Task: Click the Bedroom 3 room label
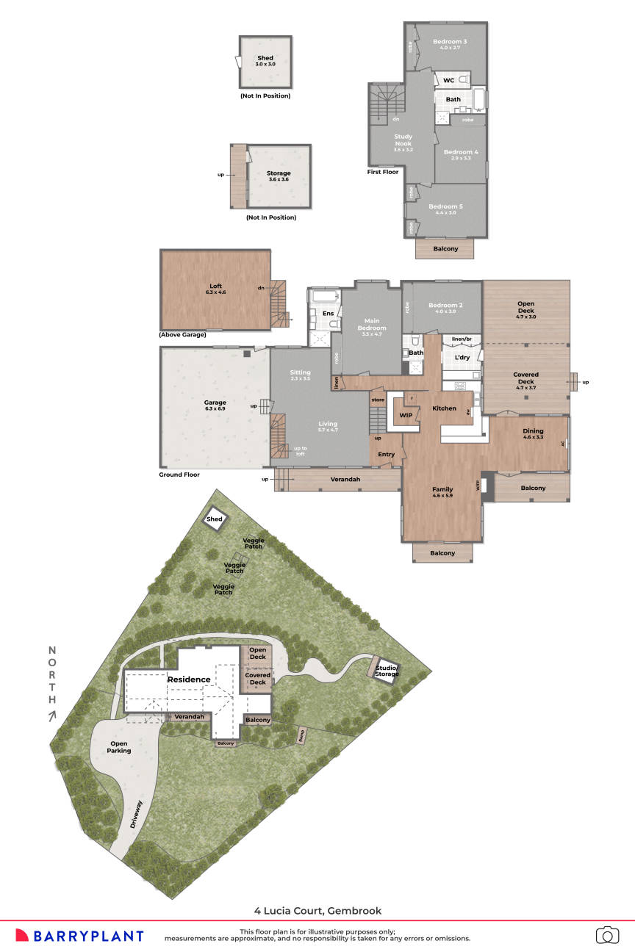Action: (450, 42)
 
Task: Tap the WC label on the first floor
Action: (448, 80)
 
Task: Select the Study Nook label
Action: (403, 140)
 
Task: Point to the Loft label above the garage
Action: (215, 288)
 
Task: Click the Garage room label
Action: (215, 403)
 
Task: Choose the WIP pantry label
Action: (406, 416)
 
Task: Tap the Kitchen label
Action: (444, 408)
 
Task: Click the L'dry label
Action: (462, 358)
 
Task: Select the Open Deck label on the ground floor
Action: (526, 307)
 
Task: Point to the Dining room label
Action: (533, 431)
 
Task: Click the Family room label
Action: (442, 489)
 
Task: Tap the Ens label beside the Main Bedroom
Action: (329, 314)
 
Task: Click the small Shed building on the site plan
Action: (215, 519)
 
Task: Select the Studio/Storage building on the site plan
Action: (386, 671)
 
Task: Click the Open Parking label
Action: (119, 747)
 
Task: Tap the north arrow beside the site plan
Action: (52, 716)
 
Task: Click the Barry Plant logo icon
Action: (22, 935)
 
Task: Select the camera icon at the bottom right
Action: (607, 934)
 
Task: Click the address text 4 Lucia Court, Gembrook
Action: (317, 910)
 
